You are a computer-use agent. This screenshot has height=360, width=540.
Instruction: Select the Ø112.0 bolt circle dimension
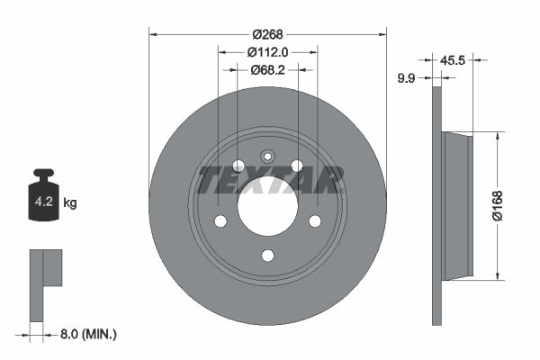click(x=267, y=52)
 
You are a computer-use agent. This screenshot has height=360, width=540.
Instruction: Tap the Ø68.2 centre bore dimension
click(x=267, y=70)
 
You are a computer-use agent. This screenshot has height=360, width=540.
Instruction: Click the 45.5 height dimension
click(x=453, y=61)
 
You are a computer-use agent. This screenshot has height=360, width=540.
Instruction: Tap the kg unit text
click(x=70, y=203)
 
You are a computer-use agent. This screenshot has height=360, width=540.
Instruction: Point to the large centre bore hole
click(x=267, y=206)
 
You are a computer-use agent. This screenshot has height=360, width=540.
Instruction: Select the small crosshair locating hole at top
click(x=267, y=155)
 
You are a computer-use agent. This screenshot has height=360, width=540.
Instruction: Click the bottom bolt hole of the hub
click(x=267, y=256)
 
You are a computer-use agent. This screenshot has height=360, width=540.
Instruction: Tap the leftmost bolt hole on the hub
click(x=220, y=221)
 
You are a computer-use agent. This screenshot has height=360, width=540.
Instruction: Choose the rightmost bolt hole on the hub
click(x=315, y=221)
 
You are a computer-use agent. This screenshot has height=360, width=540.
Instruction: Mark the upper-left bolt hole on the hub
click(x=238, y=166)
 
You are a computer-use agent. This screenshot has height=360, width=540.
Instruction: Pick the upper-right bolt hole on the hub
click(x=297, y=166)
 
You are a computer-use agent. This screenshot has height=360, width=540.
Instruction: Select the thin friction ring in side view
click(x=437, y=206)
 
